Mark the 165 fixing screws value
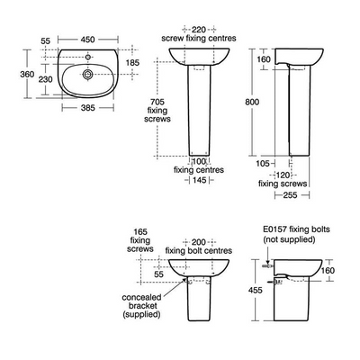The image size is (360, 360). point(140,230)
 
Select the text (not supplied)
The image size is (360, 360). point(289,242)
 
